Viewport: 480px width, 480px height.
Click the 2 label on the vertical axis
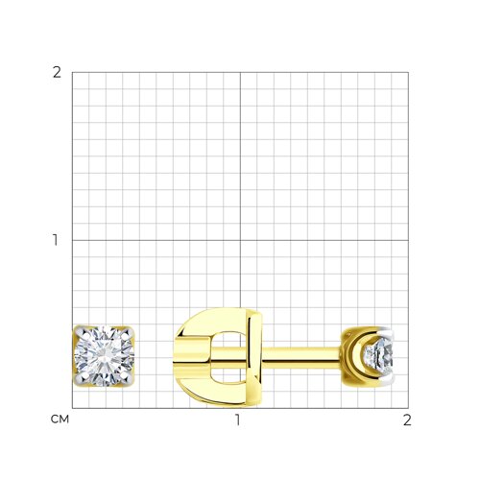click(57, 73)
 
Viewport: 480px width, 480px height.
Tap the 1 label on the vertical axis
click(56, 240)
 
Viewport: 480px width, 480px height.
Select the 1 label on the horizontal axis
click(237, 420)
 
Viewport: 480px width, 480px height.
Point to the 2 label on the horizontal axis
click(407, 420)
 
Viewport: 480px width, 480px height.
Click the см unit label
click(60, 420)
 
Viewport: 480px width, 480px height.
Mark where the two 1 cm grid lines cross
click(240, 240)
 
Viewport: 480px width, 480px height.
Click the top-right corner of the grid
click(408, 72)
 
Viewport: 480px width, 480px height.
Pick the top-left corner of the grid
click(72, 72)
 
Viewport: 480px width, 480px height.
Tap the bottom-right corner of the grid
click(408, 408)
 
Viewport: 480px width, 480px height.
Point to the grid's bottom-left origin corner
click(72, 408)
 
